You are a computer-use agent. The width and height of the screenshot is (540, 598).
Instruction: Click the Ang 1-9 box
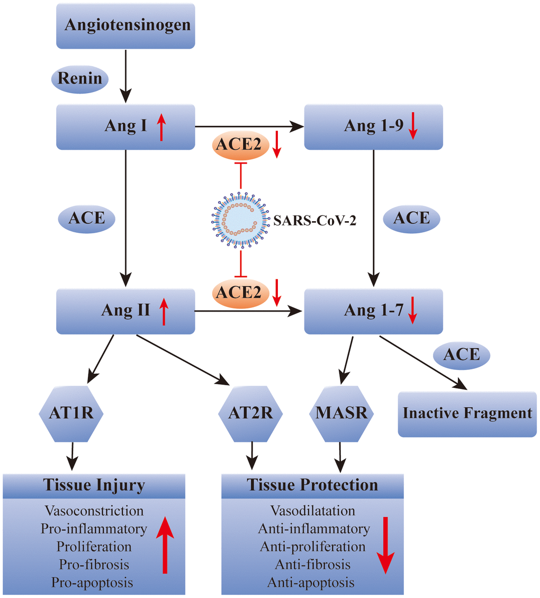pos(373,126)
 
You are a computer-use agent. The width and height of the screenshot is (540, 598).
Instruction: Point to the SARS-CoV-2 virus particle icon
pos(241,220)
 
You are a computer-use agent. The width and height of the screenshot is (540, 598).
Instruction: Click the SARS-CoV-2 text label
pos(314,220)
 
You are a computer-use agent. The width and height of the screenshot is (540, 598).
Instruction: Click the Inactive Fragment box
pos(467,413)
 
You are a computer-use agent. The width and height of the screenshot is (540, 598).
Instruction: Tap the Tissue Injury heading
pos(94,485)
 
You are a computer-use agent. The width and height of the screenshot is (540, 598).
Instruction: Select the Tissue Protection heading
pos(312,485)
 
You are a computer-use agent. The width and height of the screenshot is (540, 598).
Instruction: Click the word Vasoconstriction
pos(94,511)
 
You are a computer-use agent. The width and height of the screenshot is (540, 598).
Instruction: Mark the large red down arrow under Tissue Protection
pos(385,545)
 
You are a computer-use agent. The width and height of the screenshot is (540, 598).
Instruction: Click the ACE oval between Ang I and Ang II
pos(87,218)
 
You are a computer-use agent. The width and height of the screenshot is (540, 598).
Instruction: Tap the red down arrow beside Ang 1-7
pos(413,310)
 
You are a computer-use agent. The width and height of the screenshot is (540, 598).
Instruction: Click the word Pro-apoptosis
pos(92,583)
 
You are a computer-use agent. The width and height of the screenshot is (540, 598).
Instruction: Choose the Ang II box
pos(126,311)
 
